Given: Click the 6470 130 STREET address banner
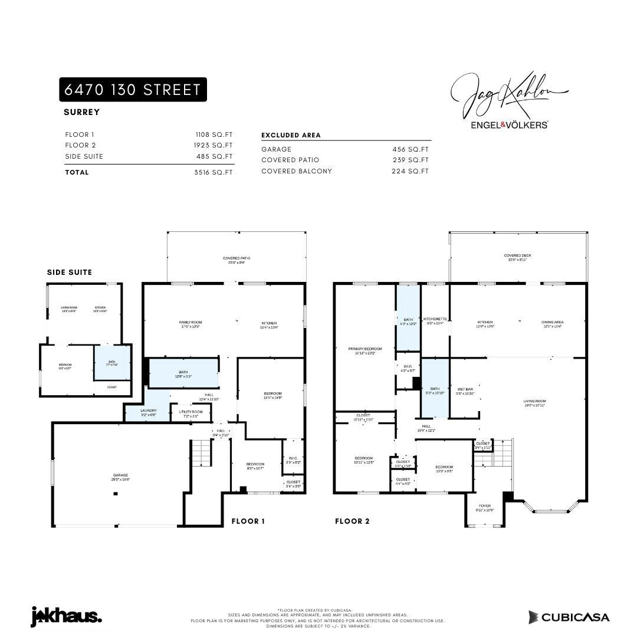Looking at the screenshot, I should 133,90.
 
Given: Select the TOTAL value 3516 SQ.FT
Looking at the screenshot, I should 214,172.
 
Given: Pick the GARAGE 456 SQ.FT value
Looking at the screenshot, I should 411,149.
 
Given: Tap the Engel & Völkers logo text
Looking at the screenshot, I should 509,125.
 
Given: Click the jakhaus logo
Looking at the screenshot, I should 66,616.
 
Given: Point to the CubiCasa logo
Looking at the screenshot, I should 569,617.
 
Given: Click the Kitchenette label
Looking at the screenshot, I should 435,320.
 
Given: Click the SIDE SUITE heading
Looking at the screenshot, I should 70,272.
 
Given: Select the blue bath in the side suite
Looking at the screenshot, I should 111,363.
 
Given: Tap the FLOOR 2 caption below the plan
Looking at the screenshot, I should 352,521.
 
